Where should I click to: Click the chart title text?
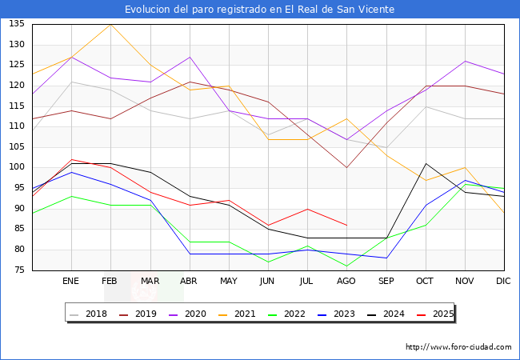click(x=260, y=9)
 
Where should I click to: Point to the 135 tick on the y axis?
click(x=17, y=24)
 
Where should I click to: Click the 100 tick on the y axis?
click(x=17, y=167)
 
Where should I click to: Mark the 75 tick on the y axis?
click(x=17, y=270)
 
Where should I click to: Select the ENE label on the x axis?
click(x=71, y=282)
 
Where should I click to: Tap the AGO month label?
click(x=346, y=282)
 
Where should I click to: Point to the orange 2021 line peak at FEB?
click(x=110, y=24)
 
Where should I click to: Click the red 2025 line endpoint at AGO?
click(x=346, y=225)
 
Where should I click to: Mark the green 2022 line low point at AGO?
click(x=346, y=266)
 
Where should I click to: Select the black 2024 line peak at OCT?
click(x=426, y=163)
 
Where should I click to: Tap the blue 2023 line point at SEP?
click(x=386, y=258)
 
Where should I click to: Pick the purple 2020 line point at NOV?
click(x=465, y=61)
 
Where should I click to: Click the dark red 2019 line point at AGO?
click(x=346, y=167)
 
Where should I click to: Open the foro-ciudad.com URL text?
click(x=458, y=347)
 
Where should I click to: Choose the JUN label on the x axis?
click(x=268, y=282)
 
